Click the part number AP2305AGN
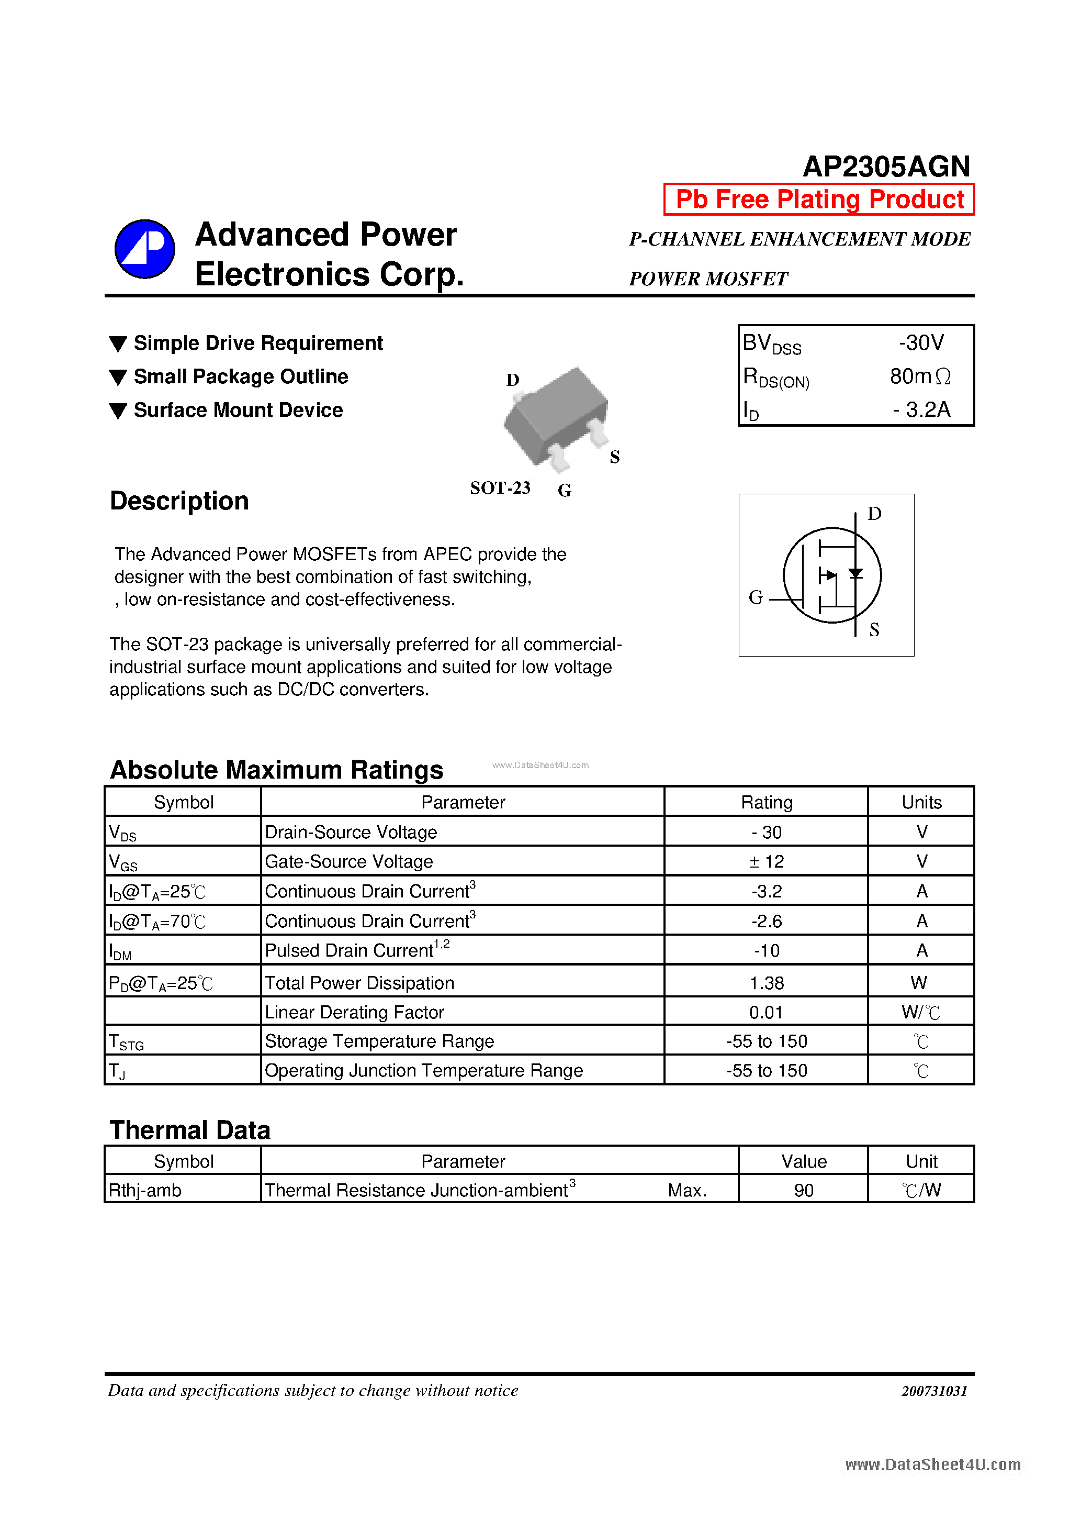point(886,166)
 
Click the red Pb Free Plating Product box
point(818,199)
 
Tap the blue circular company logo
point(144,249)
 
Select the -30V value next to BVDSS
point(921,343)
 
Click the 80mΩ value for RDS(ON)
point(920,376)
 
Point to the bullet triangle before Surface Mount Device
point(118,411)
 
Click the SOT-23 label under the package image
point(500,488)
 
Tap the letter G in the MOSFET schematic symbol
point(755,597)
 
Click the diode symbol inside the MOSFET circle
point(855,573)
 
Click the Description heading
point(179,501)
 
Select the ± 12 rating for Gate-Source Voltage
point(767,861)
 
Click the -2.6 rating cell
point(767,921)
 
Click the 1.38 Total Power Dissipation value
point(767,983)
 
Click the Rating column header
point(767,802)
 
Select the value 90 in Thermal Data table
point(803,1190)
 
